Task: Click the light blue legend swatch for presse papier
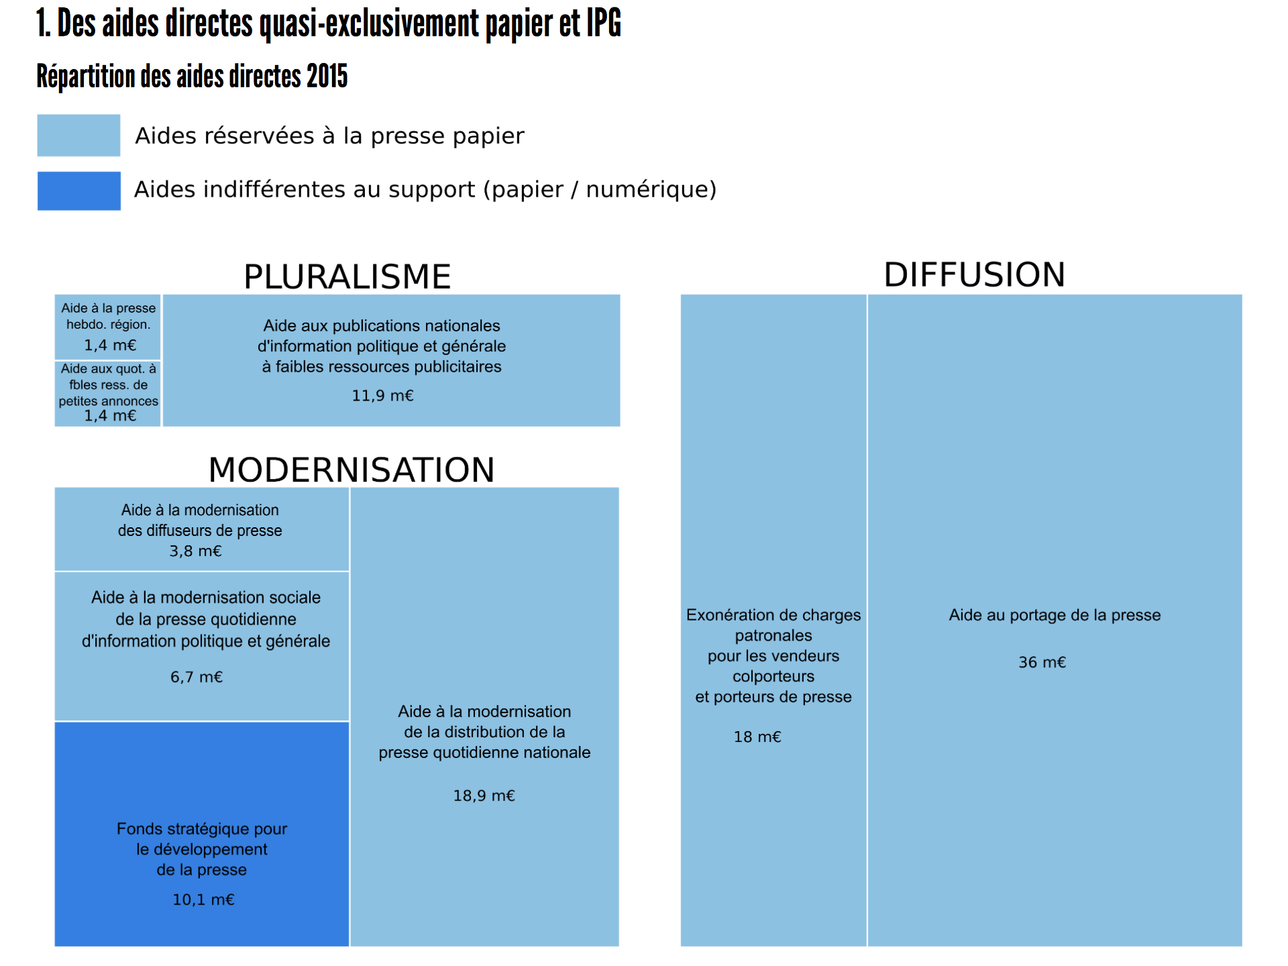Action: point(78,136)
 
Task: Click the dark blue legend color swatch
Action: point(78,191)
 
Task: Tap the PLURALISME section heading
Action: point(347,276)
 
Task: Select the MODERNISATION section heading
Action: point(352,470)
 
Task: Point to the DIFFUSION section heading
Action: point(974,274)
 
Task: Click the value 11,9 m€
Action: point(382,396)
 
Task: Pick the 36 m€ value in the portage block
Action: point(1042,663)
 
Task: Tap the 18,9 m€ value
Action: point(484,796)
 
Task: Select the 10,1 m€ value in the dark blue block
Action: point(203,900)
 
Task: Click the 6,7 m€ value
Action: point(196,678)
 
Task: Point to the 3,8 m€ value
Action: point(195,551)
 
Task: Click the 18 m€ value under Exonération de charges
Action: point(757,737)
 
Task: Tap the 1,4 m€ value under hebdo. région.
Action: point(110,345)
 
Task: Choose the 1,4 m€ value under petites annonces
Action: point(110,416)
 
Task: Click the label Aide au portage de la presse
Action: point(1055,616)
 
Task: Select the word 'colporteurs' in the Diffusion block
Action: point(773,677)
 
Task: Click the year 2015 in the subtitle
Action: point(327,76)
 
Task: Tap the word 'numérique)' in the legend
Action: point(651,190)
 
